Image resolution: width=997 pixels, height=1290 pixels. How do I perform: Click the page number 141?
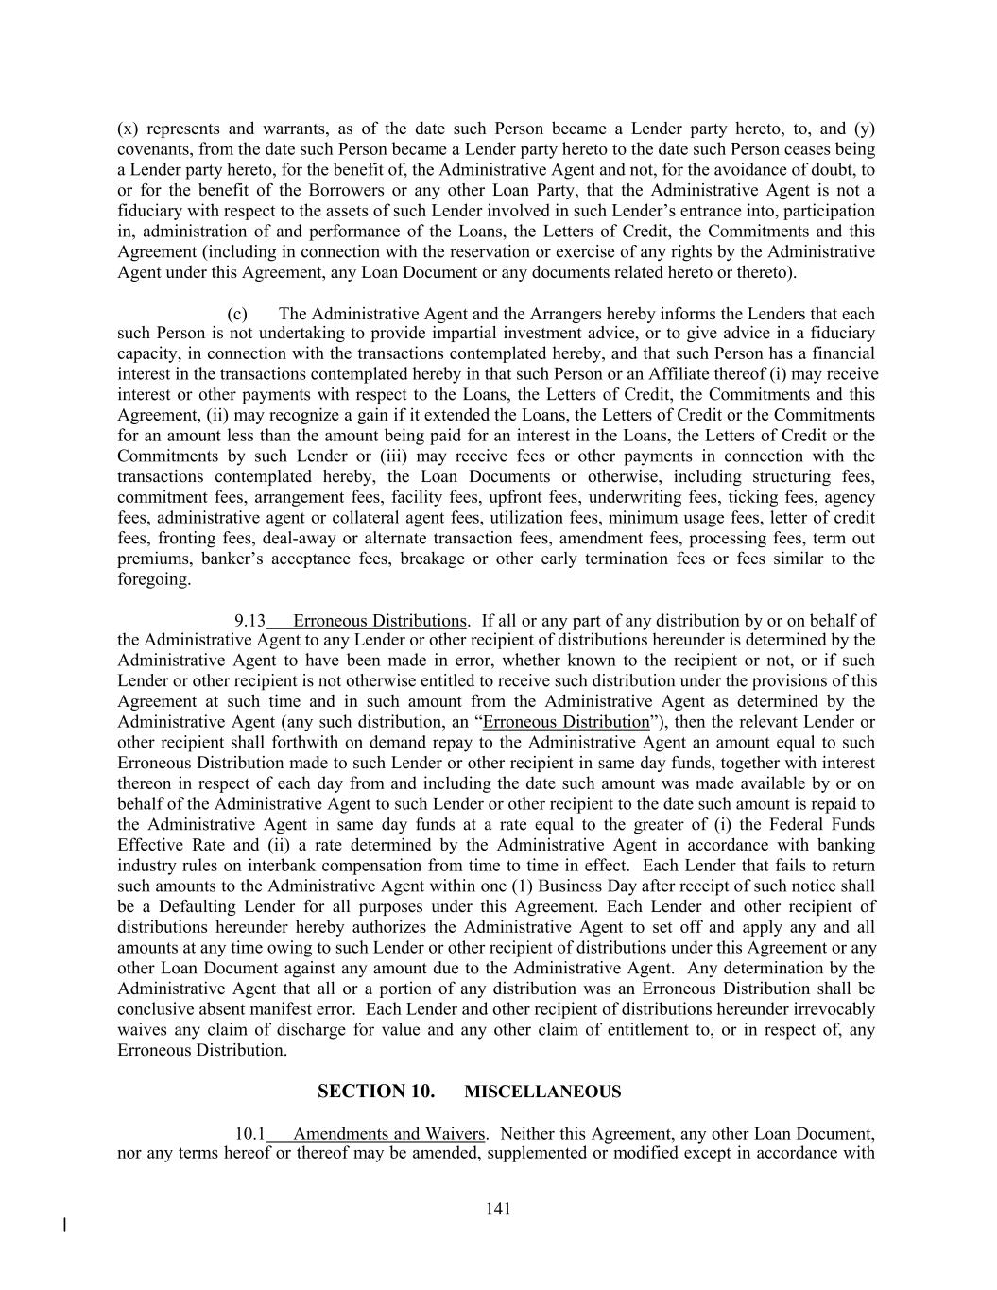tap(498, 1208)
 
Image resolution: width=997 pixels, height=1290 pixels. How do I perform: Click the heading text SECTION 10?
tap(376, 1092)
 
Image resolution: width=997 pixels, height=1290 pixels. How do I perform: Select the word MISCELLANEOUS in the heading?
tap(543, 1092)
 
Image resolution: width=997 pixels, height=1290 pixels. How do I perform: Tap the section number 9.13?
tap(249, 621)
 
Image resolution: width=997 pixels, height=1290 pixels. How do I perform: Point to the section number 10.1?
tap(249, 1133)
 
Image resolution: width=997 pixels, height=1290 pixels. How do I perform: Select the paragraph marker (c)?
tap(237, 314)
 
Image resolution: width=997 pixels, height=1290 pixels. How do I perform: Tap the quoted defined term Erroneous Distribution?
tap(566, 722)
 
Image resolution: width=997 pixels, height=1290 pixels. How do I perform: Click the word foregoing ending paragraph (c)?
tap(154, 579)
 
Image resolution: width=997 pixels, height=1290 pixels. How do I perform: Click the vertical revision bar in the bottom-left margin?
tap(64, 1226)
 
